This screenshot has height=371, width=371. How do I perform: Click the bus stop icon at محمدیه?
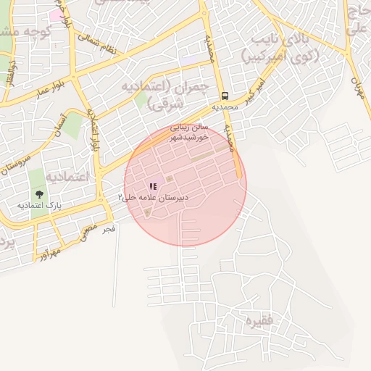225,96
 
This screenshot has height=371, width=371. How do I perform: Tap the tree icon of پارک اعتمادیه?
38,194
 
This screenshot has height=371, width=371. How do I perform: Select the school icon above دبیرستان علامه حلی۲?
152,186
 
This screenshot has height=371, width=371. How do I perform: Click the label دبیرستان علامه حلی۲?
153,197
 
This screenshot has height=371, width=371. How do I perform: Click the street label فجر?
108,229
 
